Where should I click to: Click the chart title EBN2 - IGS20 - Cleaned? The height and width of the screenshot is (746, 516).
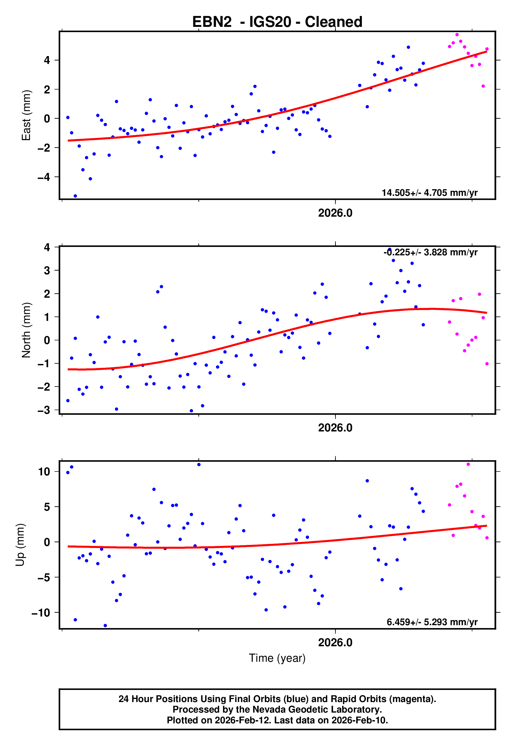tap(277, 22)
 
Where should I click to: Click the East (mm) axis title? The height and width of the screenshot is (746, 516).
tap(26, 115)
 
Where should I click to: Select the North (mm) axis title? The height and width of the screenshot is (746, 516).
tap(26, 330)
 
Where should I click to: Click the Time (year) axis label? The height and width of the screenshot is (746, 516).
tap(277, 658)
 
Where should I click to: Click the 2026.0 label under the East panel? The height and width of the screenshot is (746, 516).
tap(335, 213)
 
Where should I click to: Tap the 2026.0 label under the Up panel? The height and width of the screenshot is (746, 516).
tap(335, 643)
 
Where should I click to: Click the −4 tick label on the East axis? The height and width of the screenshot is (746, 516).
tap(44, 177)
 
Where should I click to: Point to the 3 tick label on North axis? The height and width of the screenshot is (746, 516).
tap(47, 270)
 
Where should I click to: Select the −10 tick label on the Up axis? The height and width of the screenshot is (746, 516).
tap(41, 613)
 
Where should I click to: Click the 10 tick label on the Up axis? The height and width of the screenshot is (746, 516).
tap(44, 472)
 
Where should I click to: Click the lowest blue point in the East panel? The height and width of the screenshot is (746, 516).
tap(75, 196)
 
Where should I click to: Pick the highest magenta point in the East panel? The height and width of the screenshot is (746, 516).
tap(457, 34)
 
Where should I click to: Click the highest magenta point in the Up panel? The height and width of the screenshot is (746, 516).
tap(468, 464)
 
